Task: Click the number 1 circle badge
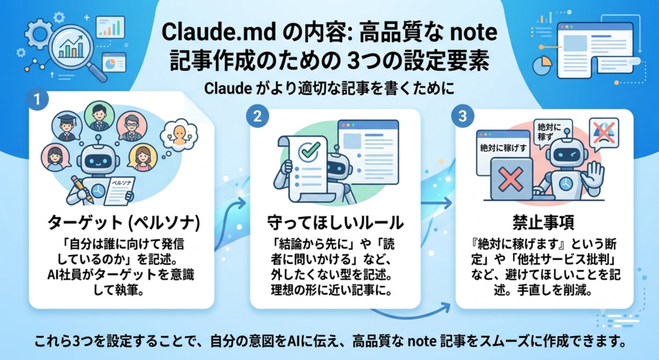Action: click(37, 100)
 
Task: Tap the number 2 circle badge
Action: click(257, 116)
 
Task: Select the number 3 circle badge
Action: click(462, 116)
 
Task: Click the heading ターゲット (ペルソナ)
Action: click(124, 222)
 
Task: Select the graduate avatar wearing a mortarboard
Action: click(66, 126)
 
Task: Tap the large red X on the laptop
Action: click(510, 178)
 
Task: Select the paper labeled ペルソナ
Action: click(119, 191)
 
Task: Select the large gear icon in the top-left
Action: click(39, 33)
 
